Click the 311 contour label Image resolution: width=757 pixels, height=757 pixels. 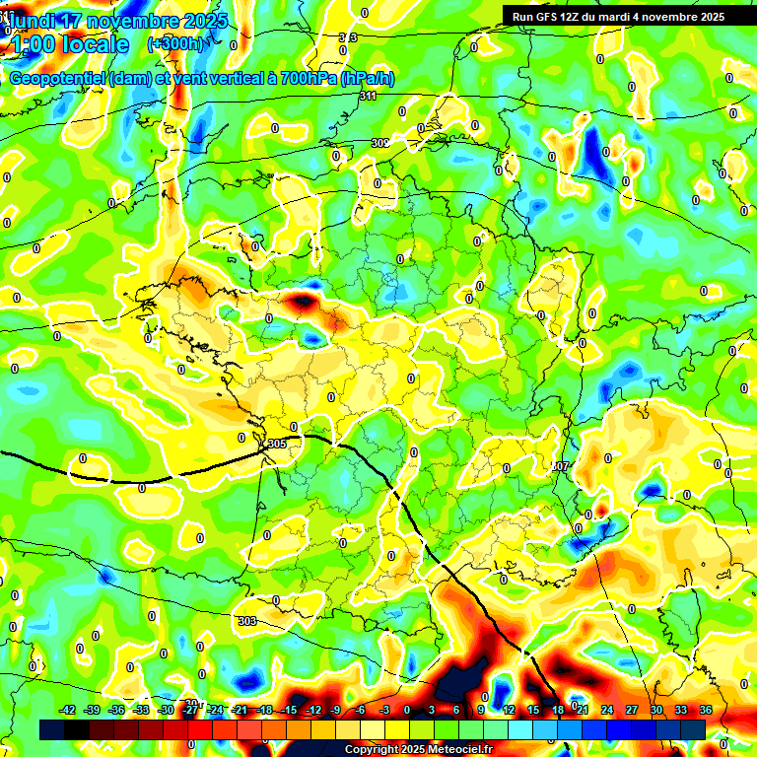click(369, 96)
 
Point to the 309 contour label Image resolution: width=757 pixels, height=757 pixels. click(379, 143)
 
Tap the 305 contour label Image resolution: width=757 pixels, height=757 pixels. click(276, 445)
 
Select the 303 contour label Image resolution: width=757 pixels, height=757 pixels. click(247, 621)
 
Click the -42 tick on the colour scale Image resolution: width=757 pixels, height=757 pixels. click(68, 710)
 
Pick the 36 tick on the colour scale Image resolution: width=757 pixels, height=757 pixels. click(706, 710)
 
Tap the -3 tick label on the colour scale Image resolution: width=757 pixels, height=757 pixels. click(384, 710)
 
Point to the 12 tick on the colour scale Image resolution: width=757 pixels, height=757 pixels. click(508, 710)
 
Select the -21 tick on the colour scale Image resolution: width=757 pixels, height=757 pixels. click(240, 710)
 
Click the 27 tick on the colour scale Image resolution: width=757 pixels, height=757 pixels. click(633, 710)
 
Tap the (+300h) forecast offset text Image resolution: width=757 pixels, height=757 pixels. click(174, 43)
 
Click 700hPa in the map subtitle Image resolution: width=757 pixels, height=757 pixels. click(303, 79)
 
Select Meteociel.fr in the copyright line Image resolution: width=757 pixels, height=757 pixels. click(453, 750)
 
